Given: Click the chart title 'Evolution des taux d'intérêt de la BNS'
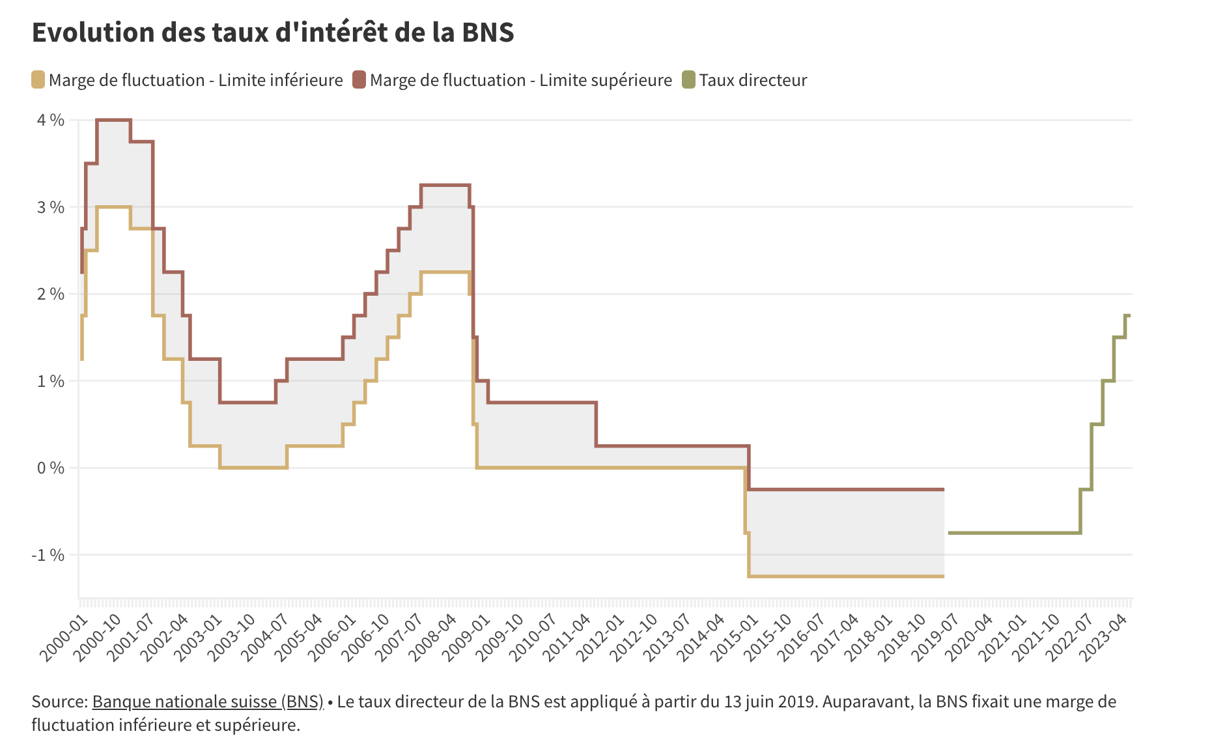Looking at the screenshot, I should point(273,33).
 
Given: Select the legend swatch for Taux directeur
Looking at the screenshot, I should point(688,80).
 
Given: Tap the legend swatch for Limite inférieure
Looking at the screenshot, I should point(38,80).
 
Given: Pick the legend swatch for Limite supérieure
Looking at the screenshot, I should point(359,80).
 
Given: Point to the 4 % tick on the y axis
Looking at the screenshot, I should point(50,120).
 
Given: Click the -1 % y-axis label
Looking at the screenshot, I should point(48,555).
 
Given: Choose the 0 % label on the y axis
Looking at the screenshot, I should point(50,468).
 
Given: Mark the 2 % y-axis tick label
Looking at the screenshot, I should point(50,294).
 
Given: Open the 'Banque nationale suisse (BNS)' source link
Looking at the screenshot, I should point(208,702).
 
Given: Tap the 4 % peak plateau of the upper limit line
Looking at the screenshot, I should point(114,120).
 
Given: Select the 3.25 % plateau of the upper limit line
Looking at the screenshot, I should point(445,186).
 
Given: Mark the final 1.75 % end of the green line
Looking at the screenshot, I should point(1127,315).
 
